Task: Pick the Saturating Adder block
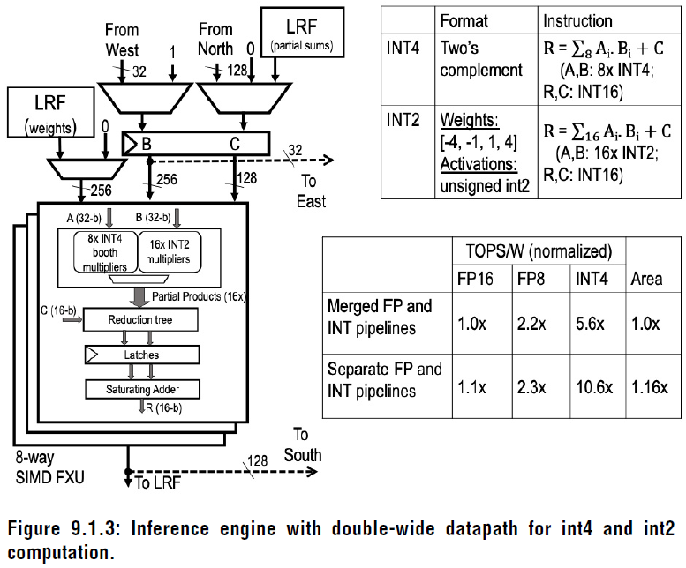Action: pos(141,388)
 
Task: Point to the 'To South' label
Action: pos(302,445)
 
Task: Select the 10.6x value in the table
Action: pos(592,386)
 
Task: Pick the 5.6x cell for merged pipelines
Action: pos(592,323)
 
